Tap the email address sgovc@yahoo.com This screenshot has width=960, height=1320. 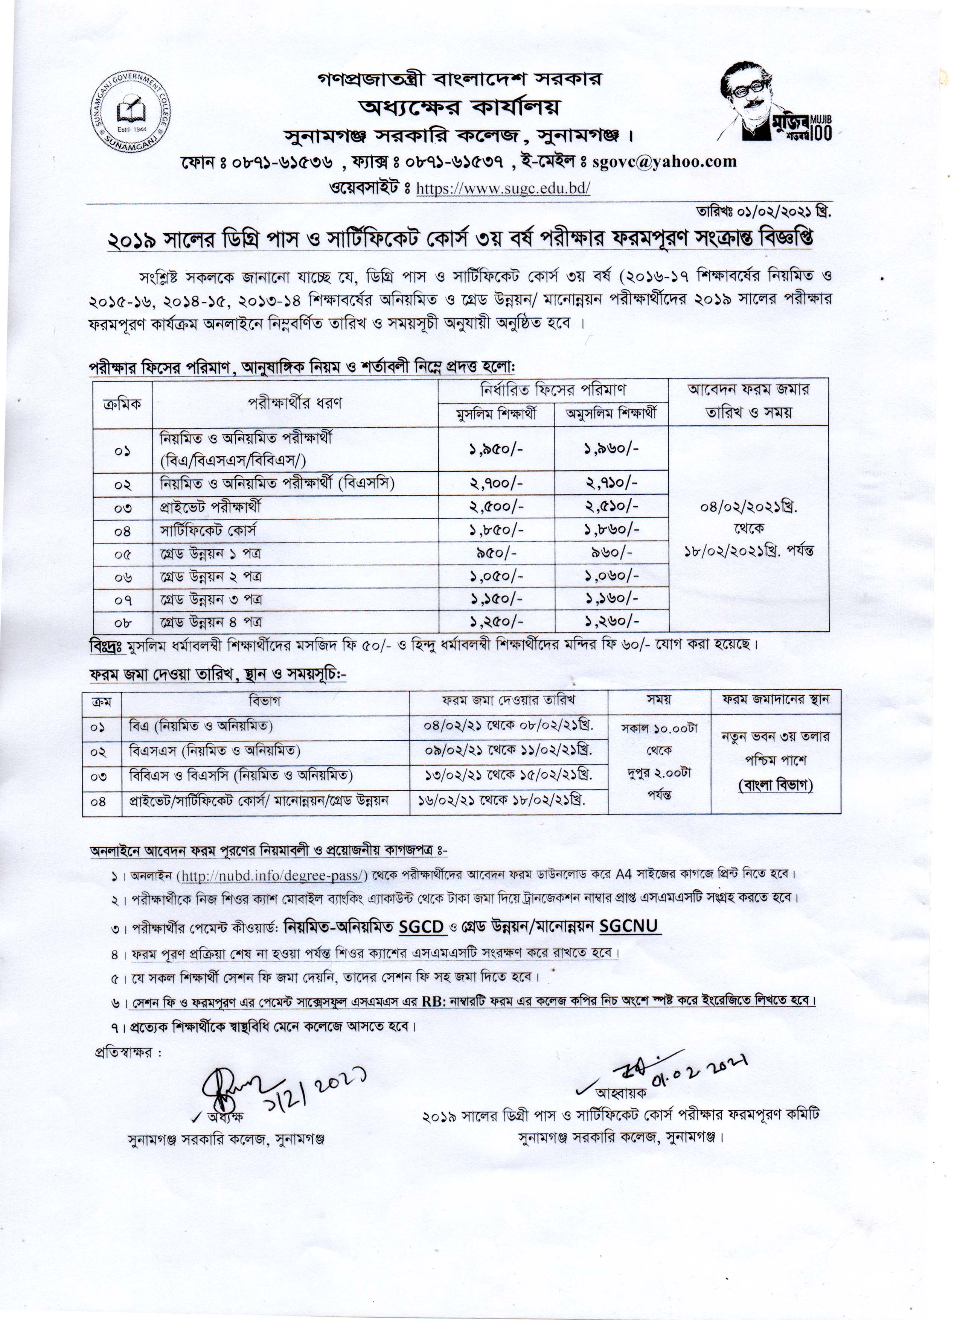click(x=664, y=161)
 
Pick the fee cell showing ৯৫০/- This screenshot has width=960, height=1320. click(x=496, y=553)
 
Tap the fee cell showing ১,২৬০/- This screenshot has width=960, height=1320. click(x=612, y=622)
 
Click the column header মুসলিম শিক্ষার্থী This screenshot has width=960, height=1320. click(x=496, y=414)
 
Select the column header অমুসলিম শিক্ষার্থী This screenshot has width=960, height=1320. click(x=612, y=414)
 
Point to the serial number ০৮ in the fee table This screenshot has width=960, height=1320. click(x=122, y=623)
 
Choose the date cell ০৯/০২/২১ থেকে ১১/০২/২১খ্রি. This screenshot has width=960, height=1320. click(x=509, y=751)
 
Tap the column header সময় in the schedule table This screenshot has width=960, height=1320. click(x=659, y=700)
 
